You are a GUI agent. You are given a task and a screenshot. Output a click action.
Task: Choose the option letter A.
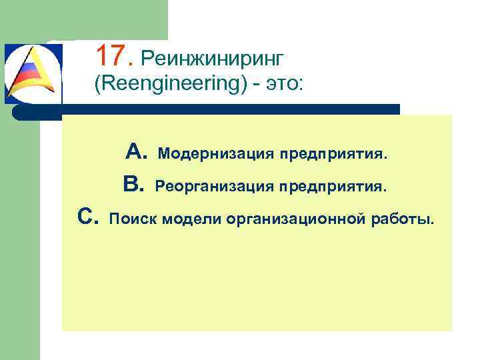pyautogui.click(x=136, y=153)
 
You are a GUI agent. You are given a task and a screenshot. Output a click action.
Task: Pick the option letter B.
pyautogui.click(x=133, y=185)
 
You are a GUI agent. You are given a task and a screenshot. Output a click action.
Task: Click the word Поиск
pyautogui.click(x=131, y=218)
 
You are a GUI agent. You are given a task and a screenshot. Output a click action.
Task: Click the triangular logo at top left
pyautogui.click(x=32, y=73)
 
